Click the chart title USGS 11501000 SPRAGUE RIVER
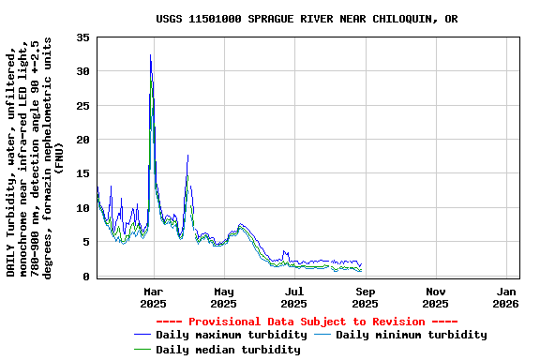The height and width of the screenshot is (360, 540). (x=307, y=19)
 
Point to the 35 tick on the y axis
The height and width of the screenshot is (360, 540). (x=82, y=37)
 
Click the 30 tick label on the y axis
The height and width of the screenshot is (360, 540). (x=82, y=71)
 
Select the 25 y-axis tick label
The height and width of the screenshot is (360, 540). (x=82, y=106)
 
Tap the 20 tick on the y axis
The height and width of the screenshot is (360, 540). (x=82, y=140)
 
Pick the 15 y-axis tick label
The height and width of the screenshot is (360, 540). (x=82, y=173)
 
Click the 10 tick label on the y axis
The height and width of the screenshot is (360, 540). (x=82, y=208)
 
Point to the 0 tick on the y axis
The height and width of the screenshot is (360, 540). (x=86, y=276)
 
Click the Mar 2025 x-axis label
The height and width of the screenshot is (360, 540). (x=153, y=296)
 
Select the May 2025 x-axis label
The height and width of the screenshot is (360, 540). (x=223, y=296)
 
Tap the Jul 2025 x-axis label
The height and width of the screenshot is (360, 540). (x=293, y=296)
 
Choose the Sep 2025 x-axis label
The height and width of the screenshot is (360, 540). (x=365, y=296)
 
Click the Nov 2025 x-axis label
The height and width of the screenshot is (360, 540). (x=435, y=296)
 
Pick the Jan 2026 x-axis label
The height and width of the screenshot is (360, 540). (x=505, y=296)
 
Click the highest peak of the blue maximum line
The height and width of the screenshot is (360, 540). (x=150, y=55)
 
